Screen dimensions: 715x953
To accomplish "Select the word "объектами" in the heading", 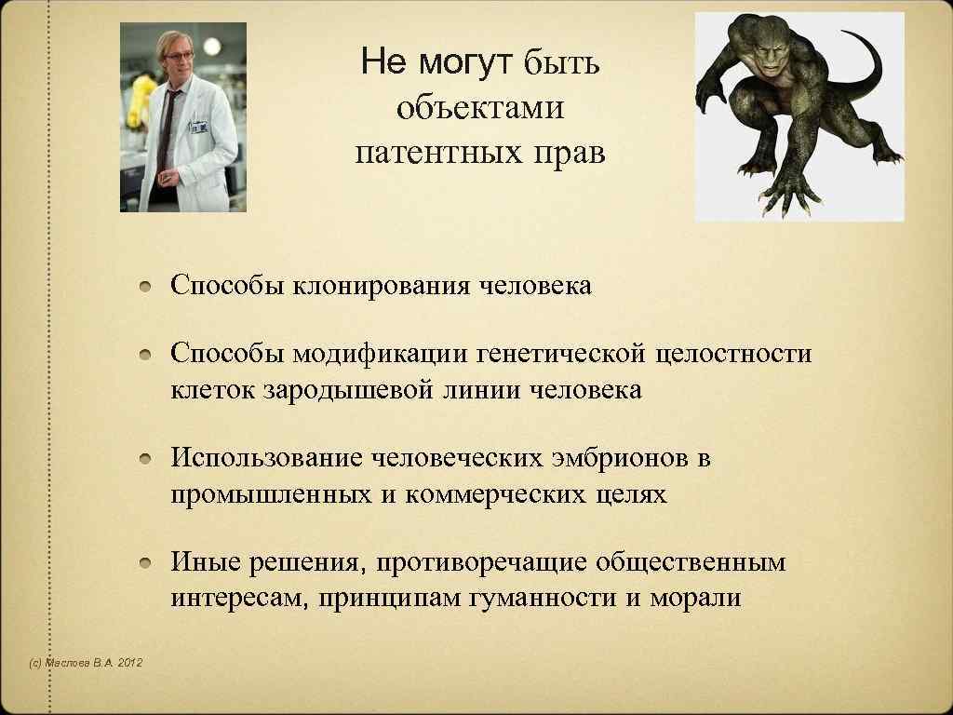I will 480,108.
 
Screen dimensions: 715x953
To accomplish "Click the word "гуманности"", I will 540,598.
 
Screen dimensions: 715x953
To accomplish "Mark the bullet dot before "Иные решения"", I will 148,563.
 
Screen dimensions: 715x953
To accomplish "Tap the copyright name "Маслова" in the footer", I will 68,663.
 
